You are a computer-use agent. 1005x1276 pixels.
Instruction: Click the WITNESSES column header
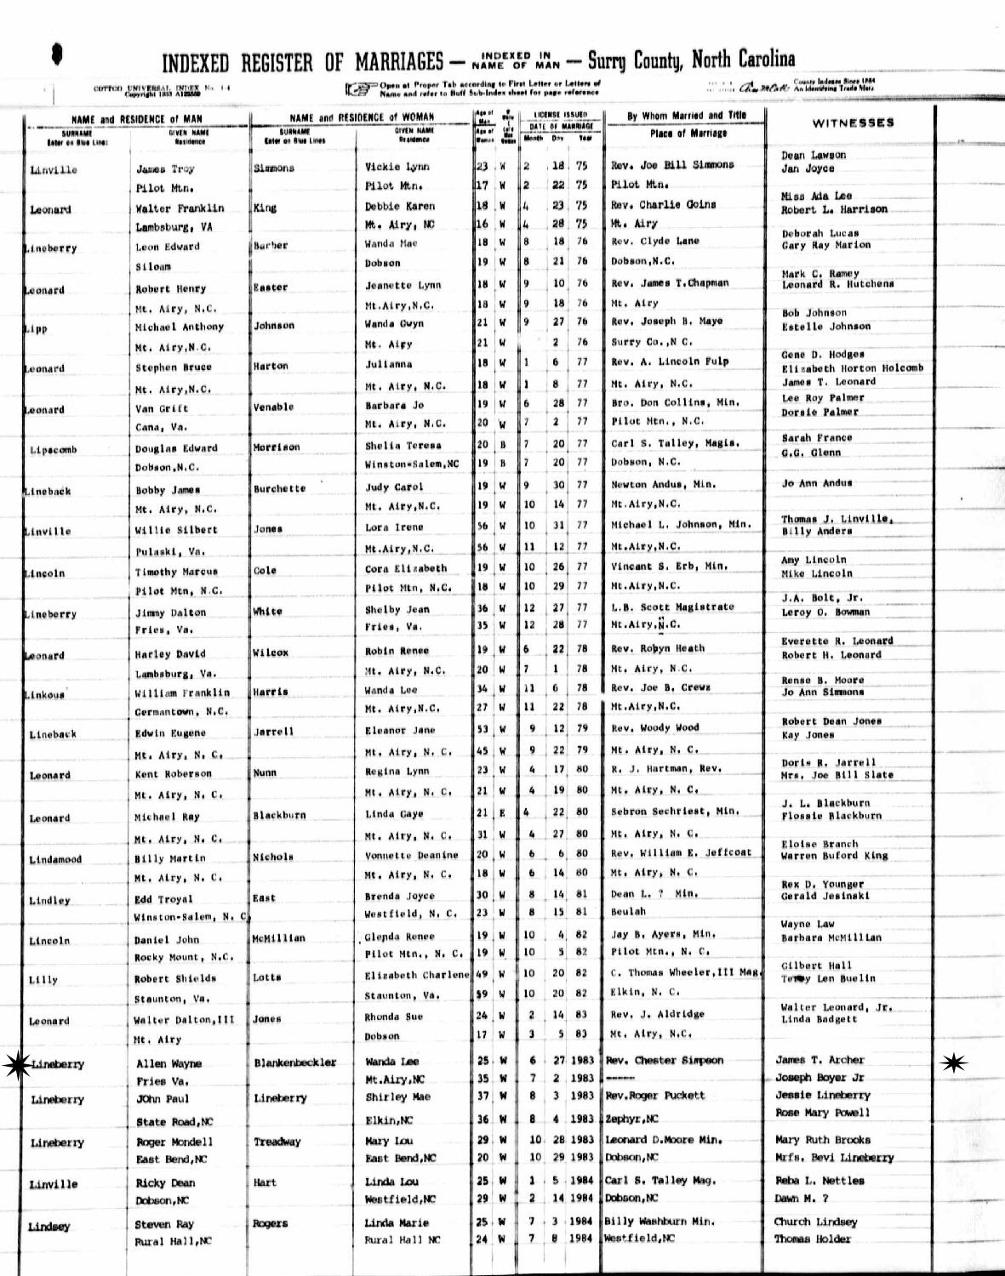click(x=853, y=122)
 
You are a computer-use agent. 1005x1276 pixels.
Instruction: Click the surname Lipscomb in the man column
click(x=53, y=449)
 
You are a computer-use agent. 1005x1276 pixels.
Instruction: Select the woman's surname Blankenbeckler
click(x=294, y=1062)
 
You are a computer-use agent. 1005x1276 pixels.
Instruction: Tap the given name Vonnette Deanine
click(x=411, y=855)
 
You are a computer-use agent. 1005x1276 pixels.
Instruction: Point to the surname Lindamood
click(x=55, y=859)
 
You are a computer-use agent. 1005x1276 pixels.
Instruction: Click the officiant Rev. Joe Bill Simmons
click(x=671, y=164)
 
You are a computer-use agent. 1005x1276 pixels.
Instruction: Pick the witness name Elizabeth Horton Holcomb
click(x=852, y=368)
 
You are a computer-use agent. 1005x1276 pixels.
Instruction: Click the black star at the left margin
click(x=14, y=1064)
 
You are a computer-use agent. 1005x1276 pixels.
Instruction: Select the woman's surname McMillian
click(x=279, y=938)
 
